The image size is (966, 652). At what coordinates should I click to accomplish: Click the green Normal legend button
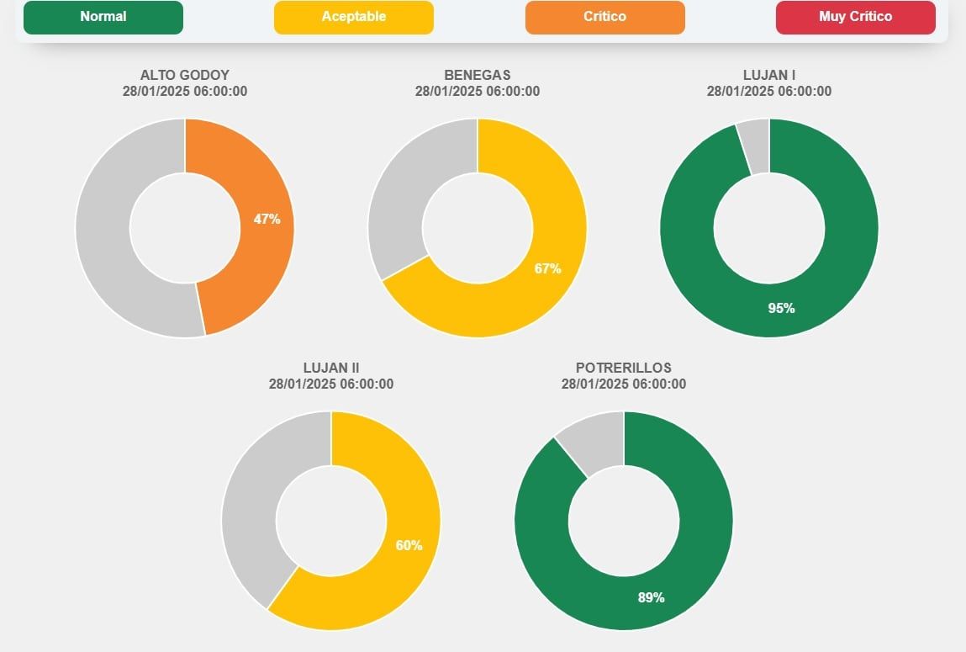103,17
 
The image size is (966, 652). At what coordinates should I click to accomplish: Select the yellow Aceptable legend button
353,17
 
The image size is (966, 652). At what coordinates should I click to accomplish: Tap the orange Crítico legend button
604,17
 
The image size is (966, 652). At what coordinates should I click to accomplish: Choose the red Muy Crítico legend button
855,17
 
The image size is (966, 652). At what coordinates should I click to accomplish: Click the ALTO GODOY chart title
185,75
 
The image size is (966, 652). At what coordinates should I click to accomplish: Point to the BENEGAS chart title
477,75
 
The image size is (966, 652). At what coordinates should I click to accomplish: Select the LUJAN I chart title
769,75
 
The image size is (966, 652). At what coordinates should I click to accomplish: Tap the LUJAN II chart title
331,368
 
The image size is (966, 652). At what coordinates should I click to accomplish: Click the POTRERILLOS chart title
623,368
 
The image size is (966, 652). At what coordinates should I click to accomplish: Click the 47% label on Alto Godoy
267,220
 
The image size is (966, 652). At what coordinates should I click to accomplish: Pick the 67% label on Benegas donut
547,269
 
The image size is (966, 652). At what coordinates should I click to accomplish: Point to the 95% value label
781,309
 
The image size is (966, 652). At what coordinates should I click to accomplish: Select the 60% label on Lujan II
409,545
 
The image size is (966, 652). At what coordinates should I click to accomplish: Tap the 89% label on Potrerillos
651,597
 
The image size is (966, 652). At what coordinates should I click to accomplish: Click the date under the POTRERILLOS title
623,384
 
